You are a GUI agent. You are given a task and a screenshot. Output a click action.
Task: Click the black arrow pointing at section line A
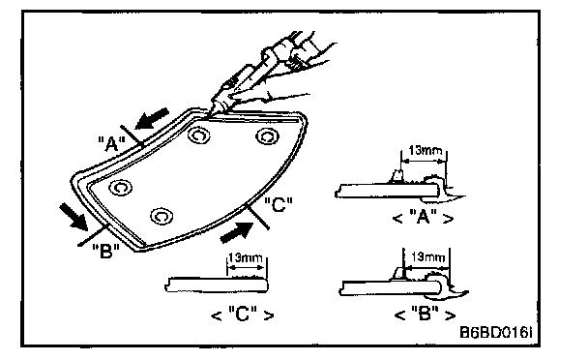pyautogui.click(x=152, y=118)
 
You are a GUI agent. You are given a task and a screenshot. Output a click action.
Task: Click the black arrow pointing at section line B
pyautogui.click(x=73, y=216)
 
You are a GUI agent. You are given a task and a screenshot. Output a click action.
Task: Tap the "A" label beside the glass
pyautogui.click(x=112, y=144)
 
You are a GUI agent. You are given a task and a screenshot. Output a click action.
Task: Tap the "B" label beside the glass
pyautogui.click(x=105, y=252)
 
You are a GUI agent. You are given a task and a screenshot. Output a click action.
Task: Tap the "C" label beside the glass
pyautogui.click(x=278, y=205)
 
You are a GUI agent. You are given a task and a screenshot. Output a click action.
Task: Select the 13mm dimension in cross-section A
pyautogui.click(x=425, y=151)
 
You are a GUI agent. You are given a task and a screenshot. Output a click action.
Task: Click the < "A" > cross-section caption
pyautogui.click(x=423, y=218)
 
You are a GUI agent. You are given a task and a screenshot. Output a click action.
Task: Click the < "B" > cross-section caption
pyautogui.click(x=426, y=314)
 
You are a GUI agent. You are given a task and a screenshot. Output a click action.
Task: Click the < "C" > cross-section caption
pyautogui.click(x=243, y=315)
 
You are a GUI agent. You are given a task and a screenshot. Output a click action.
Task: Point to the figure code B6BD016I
pyautogui.click(x=495, y=332)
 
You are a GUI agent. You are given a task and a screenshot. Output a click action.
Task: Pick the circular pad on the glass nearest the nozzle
pyautogui.click(x=198, y=135)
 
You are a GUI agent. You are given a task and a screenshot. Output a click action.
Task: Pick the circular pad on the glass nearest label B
pyautogui.click(x=162, y=216)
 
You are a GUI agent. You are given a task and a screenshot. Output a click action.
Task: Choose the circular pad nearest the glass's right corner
pyautogui.click(x=267, y=135)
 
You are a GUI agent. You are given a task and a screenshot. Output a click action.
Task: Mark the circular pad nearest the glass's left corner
pyautogui.click(x=120, y=188)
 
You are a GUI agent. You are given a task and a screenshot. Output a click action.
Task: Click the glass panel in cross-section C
pyautogui.click(x=217, y=285)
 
